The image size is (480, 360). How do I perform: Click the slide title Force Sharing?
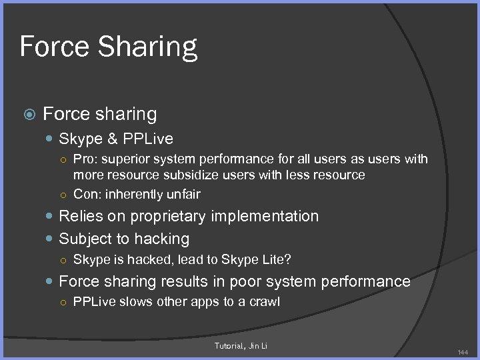[x=109, y=47]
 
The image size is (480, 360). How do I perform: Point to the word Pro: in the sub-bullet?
[x=85, y=159]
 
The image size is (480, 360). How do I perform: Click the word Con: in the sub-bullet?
[x=86, y=194]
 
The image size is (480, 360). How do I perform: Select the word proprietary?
[x=170, y=216]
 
